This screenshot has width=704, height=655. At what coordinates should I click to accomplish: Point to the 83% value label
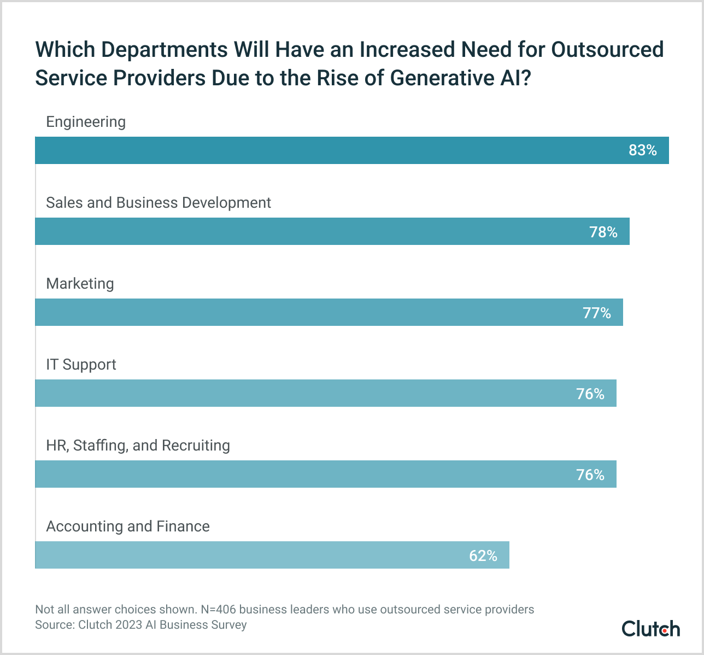(642, 150)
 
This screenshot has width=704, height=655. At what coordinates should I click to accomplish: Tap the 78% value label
(603, 232)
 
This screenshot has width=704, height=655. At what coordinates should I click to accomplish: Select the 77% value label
(596, 313)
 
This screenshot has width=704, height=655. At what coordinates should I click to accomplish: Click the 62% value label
(483, 555)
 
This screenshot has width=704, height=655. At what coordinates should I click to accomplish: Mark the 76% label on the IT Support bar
(590, 394)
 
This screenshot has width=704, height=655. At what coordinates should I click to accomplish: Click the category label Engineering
(86, 122)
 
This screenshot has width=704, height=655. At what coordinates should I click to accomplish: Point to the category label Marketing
(80, 284)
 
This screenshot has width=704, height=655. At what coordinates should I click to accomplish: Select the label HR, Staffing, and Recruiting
(138, 446)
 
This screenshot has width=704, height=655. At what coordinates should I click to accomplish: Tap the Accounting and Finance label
(128, 527)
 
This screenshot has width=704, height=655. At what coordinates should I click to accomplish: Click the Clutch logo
(650, 629)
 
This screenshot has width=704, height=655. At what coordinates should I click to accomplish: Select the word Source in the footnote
(54, 624)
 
